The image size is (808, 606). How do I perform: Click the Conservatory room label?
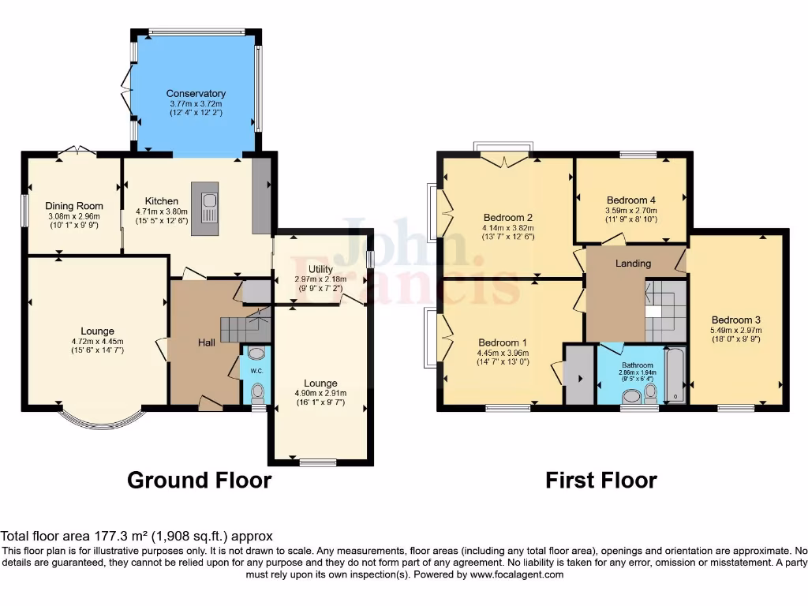pos(196,93)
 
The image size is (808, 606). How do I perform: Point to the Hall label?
pos(207,342)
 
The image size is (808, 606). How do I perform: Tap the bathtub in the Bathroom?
pos(675,375)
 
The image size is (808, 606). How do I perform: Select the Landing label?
pos(633,264)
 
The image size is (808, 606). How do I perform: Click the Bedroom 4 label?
pos(630,200)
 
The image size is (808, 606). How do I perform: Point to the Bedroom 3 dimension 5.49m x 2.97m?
pos(741,331)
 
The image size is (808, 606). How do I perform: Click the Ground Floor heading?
pos(200,480)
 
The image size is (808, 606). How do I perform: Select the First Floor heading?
pos(601,480)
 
